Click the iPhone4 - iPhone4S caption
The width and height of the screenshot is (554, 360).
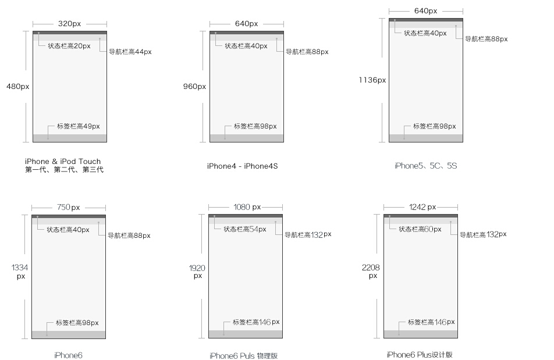[242, 166]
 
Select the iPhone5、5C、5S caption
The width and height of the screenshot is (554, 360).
[426, 166]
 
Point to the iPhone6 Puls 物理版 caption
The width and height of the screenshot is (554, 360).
[243, 356]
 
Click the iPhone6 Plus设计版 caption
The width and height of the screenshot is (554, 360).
[420, 355]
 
